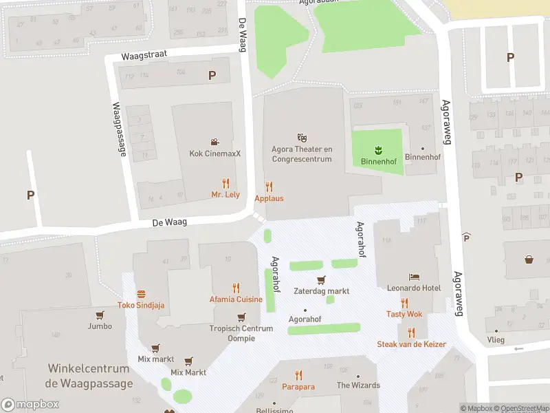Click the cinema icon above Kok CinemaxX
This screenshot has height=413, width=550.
[x=215, y=142]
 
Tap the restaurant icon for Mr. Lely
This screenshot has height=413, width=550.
[x=225, y=183]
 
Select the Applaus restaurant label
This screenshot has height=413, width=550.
[x=269, y=198]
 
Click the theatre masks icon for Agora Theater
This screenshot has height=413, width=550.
[x=301, y=138]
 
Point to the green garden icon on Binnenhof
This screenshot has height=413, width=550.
[x=377, y=150]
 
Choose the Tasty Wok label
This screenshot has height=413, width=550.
[x=404, y=314]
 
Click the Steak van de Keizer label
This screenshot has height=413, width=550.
[x=411, y=344]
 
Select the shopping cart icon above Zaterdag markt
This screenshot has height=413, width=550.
[x=320, y=279]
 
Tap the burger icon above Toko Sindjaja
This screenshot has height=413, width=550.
[x=141, y=294]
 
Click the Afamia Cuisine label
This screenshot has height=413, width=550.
[x=236, y=299]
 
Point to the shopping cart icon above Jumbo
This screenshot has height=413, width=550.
[x=100, y=315]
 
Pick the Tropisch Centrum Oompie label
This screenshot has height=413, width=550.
[x=241, y=333]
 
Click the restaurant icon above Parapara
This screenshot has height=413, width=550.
[x=298, y=375]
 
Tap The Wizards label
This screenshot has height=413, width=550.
[x=357, y=385]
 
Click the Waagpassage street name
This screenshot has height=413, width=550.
[x=118, y=129]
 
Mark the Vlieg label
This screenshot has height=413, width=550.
[x=495, y=340]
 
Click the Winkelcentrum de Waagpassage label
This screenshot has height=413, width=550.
[x=89, y=377]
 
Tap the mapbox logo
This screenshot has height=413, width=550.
[x=30, y=405]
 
